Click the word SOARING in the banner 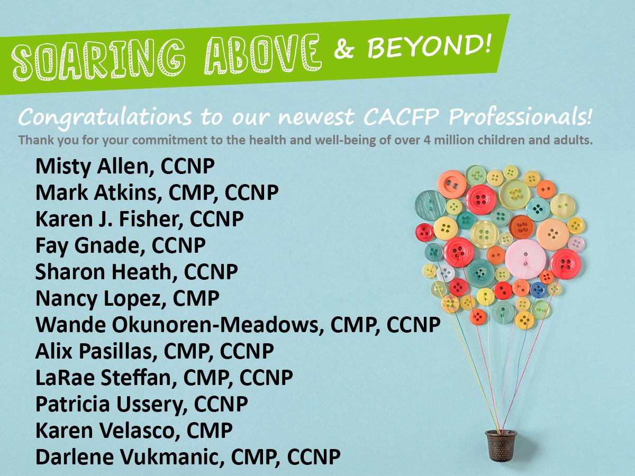click(99, 60)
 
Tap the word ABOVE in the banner click(262, 54)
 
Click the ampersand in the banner click(344, 50)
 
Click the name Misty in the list click(63, 167)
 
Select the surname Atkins click(128, 193)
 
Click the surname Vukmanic click(172, 457)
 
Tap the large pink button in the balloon click(525, 259)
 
